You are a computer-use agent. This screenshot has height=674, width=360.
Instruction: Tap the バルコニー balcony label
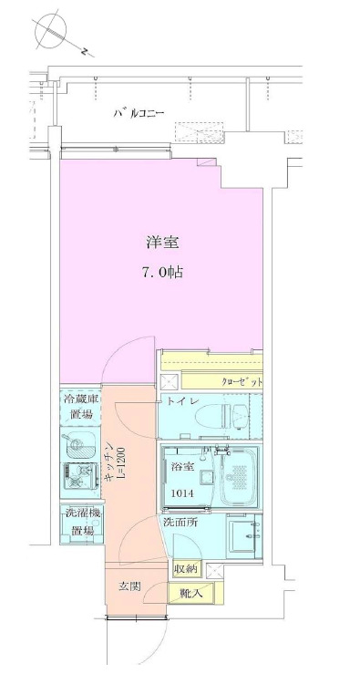click(x=139, y=114)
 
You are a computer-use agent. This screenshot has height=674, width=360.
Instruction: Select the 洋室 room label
click(x=162, y=243)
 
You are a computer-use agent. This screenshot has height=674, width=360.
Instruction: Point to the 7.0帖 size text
click(x=162, y=272)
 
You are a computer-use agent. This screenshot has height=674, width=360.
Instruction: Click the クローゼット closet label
click(x=241, y=380)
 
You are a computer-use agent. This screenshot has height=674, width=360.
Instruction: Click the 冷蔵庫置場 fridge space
click(x=82, y=407)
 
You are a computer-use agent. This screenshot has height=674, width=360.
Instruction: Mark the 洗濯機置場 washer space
click(x=81, y=523)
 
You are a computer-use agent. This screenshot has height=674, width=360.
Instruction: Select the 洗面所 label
click(x=180, y=524)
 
